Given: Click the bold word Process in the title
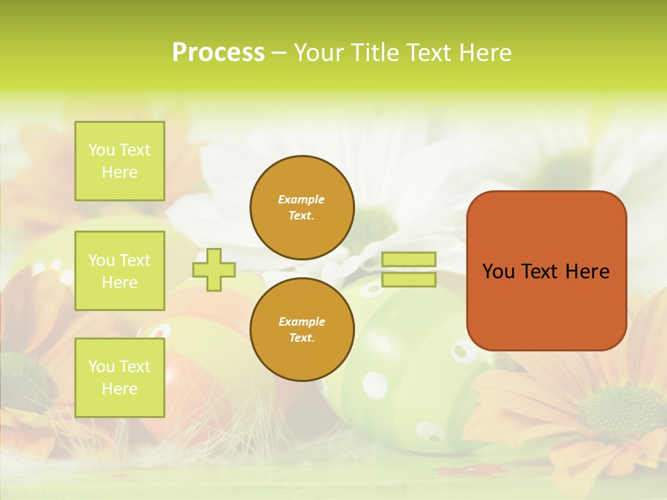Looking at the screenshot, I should click(x=218, y=53).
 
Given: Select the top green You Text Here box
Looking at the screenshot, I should click(x=120, y=161).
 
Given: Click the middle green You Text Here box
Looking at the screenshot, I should click(x=120, y=271).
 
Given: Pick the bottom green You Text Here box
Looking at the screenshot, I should click(x=120, y=378).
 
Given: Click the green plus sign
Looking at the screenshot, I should click(x=214, y=270).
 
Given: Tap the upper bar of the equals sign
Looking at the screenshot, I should click(x=409, y=260).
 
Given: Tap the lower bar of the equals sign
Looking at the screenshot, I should click(x=409, y=280).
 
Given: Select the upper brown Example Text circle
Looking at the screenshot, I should click(x=302, y=208).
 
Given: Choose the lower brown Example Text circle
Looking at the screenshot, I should click(x=302, y=330).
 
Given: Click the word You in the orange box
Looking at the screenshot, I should click(x=497, y=272).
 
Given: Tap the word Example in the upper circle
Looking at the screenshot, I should click(x=302, y=199).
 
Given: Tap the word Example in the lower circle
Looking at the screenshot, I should click(x=302, y=322).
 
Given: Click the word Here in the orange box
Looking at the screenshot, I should click(x=587, y=272).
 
